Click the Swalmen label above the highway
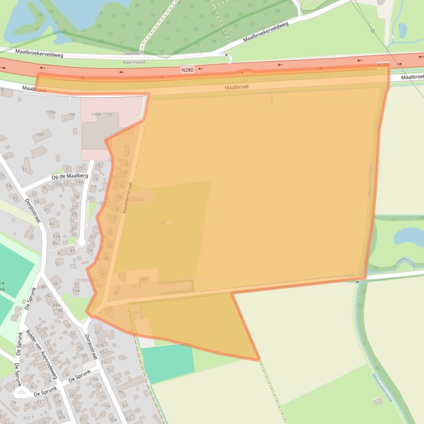point(133,54)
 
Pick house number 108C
point(41,134)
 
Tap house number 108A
point(51,112)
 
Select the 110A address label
point(95,115)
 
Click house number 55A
point(76,291)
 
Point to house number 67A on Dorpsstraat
point(100,345)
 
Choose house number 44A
point(56,305)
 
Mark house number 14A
point(80,182)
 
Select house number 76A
point(113,420)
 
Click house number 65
point(97,332)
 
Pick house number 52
point(73,333)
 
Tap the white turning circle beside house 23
point(81,242)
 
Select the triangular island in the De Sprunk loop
point(22,393)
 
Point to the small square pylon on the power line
point(373,31)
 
